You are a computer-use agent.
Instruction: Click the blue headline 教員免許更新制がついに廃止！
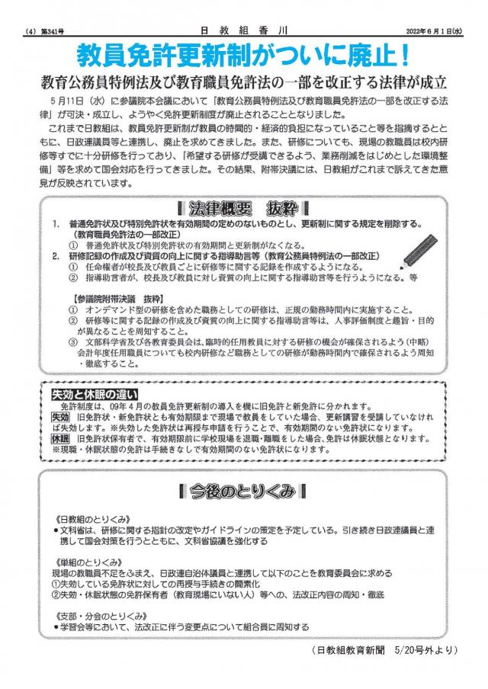click(x=244, y=55)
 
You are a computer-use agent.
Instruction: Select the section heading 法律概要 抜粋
click(x=242, y=208)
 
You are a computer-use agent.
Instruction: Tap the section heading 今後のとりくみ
click(x=242, y=492)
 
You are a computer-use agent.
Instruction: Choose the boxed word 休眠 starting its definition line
click(x=60, y=439)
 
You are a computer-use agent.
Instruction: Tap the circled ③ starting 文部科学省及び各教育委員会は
click(x=72, y=342)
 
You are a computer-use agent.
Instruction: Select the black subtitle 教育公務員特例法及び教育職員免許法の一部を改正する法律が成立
click(x=244, y=82)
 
